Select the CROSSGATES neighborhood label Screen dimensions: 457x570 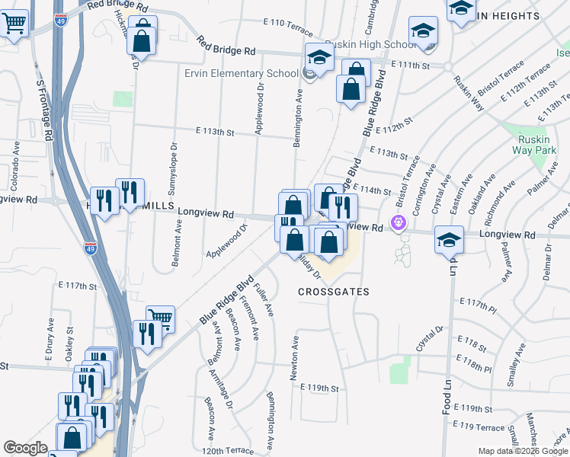pos(333,292)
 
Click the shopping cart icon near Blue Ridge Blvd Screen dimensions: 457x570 pos(161,318)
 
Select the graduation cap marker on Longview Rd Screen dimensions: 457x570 pos(449,238)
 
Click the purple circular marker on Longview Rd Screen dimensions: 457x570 pos(397,223)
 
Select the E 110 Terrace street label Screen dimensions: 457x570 pos(287,27)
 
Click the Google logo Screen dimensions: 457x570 pos(25,448)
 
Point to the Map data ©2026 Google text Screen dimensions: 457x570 pos(522,451)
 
